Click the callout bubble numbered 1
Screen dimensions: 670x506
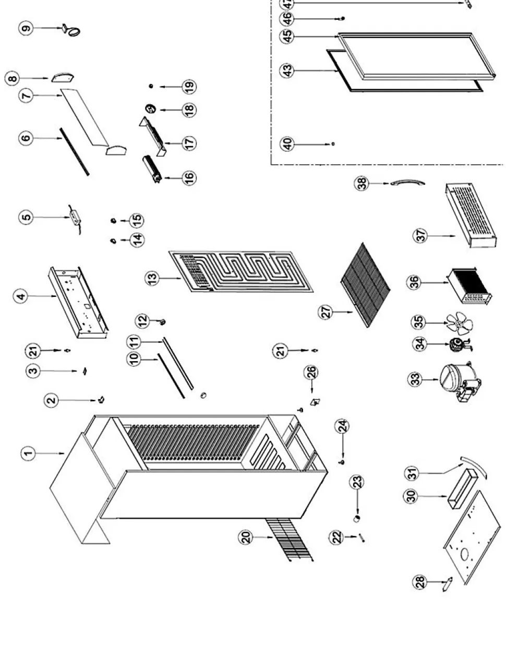(28, 453)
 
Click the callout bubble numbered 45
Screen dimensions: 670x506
(287, 37)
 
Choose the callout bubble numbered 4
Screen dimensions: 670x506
(21, 296)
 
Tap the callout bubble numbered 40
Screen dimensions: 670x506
(287, 143)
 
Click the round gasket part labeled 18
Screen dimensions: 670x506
(151, 109)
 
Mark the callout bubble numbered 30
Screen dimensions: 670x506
(412, 497)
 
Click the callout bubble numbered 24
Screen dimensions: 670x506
(343, 427)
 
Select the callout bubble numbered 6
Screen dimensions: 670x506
(26, 138)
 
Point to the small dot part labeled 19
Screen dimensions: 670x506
(151, 86)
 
